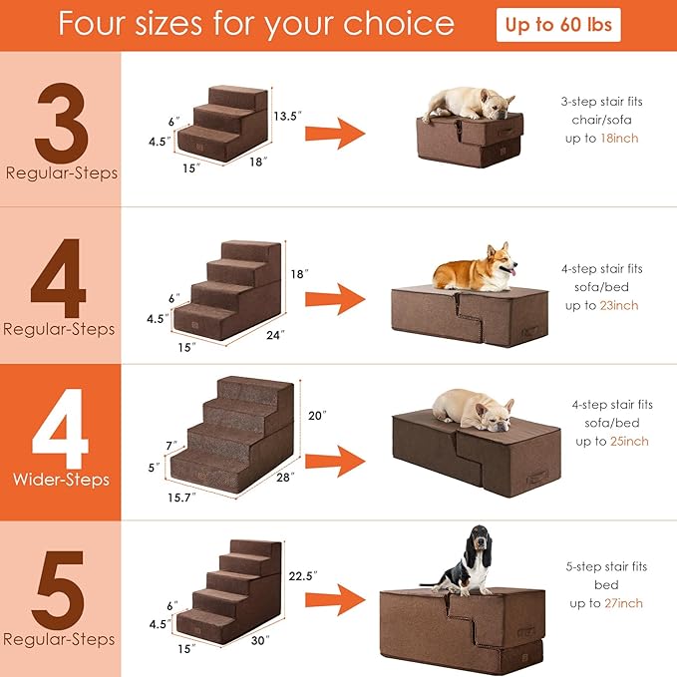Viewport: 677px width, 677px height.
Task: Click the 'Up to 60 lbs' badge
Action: pos(558,25)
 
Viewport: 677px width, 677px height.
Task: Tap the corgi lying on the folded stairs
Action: pos(474,268)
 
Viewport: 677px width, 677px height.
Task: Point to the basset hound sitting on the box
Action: pos(469,561)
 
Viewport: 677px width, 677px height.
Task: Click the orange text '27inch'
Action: pos(623,603)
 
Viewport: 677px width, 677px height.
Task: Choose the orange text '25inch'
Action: pos(628,442)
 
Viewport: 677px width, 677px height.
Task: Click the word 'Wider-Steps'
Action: pos(60,480)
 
